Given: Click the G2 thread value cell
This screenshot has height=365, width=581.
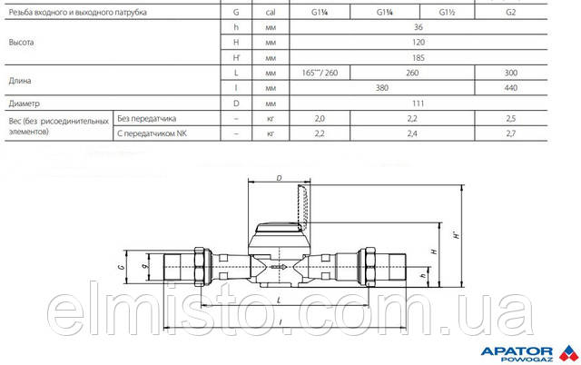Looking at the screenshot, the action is click(x=510, y=12).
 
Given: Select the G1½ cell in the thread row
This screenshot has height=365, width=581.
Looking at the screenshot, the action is click(x=447, y=12).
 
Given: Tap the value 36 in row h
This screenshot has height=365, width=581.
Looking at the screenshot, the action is click(x=418, y=27).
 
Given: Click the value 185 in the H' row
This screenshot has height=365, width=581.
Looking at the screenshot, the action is click(x=418, y=58).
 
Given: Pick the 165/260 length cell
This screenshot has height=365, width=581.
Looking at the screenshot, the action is click(x=320, y=73).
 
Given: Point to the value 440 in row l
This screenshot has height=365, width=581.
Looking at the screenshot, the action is click(x=510, y=88).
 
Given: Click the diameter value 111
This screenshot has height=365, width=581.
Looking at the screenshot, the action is click(x=418, y=104).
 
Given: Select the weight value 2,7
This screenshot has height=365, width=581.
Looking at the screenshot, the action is click(x=510, y=133).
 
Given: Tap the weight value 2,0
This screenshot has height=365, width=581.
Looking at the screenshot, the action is click(x=320, y=119).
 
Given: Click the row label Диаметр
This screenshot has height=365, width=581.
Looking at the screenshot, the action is click(x=25, y=104).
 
